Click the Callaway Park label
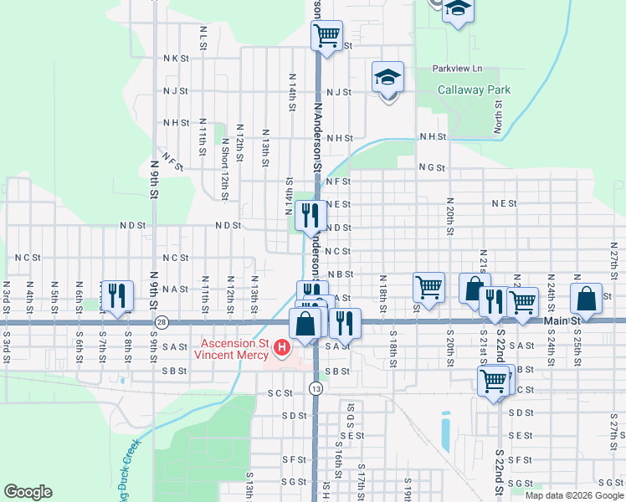(475, 90)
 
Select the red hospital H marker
(282, 346)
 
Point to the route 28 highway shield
(162, 322)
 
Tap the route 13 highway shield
(315, 388)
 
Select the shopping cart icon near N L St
(326, 35)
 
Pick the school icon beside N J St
(387, 77)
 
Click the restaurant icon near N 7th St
(115, 295)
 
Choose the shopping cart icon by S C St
(494, 381)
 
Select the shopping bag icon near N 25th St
(586, 298)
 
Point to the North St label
(498, 117)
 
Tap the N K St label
(177, 59)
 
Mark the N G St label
(432, 167)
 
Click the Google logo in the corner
(28, 492)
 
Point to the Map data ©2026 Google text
(573, 495)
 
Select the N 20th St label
(450, 217)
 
